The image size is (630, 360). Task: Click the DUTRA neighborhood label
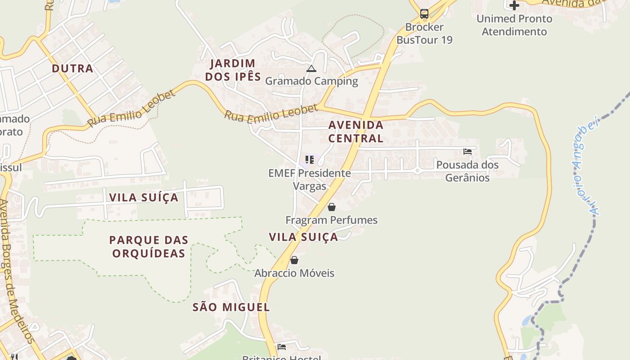tap(72, 68)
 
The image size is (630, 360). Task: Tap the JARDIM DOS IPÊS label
tap(233, 70)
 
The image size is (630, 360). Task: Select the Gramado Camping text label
tap(311, 81)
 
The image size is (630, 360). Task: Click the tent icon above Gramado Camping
tap(311, 69)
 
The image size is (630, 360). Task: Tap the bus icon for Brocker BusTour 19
tap(424, 13)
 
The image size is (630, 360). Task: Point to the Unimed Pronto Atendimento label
tap(514, 25)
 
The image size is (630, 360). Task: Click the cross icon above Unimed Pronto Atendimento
tap(514, 6)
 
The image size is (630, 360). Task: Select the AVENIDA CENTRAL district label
tap(355, 131)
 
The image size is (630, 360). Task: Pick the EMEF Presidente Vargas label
tap(310, 179)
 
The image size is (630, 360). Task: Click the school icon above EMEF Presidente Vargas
tap(309, 160)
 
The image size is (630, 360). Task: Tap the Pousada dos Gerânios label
tap(467, 171)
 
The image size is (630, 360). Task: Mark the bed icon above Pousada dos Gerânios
tap(468, 152)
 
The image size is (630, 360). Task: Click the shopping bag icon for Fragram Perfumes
tap(332, 207)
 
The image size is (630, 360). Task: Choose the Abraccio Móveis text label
tap(294, 273)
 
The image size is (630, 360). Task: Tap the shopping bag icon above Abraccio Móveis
tap(294, 260)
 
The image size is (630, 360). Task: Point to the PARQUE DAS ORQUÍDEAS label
tap(148, 246)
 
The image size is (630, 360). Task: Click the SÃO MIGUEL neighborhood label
tap(231, 307)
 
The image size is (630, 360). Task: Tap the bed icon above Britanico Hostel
tap(282, 346)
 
